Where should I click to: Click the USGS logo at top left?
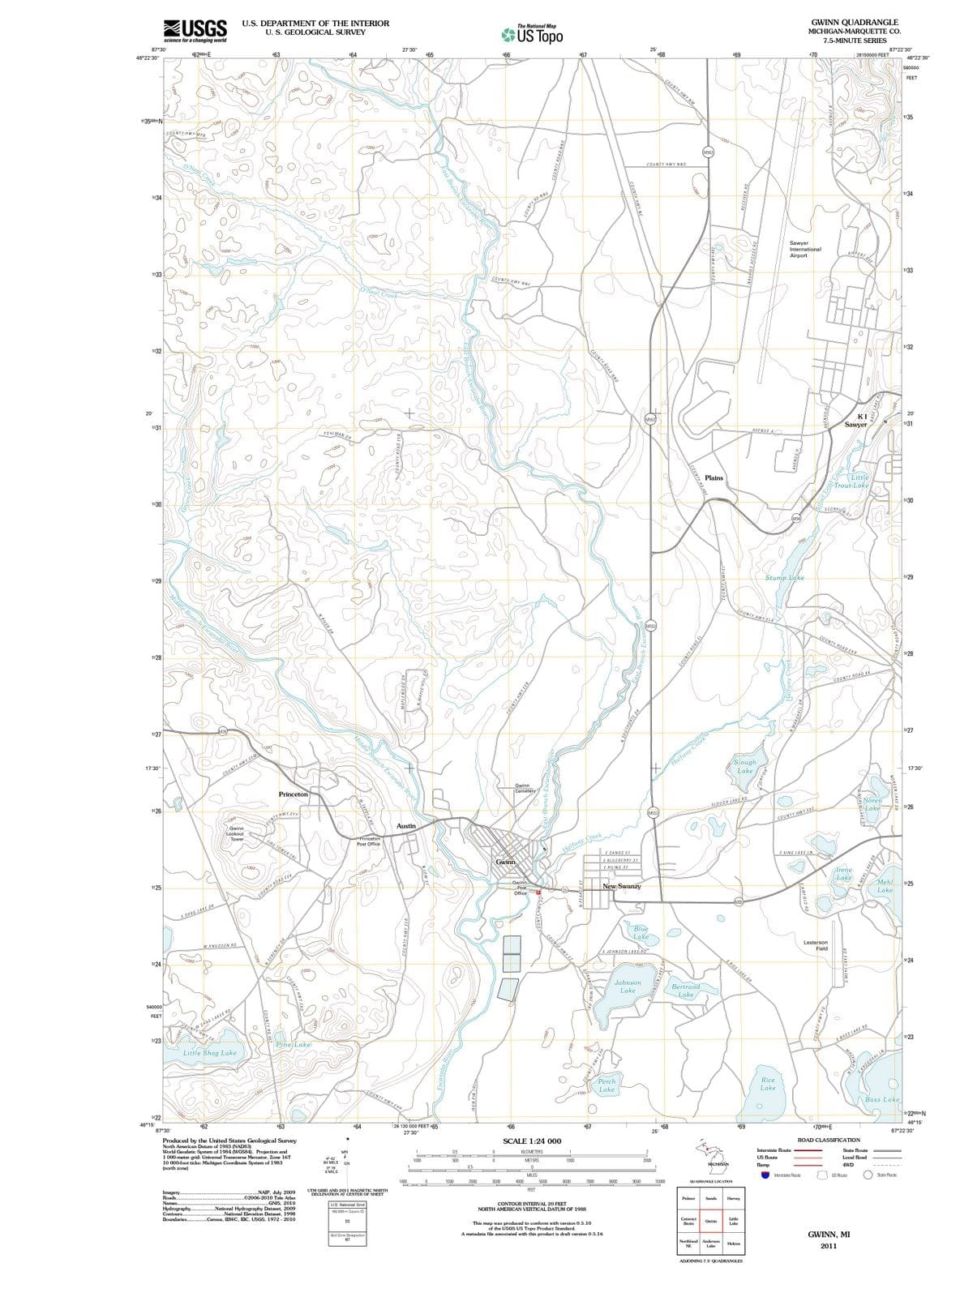point(195,31)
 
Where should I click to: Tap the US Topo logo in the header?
point(532,34)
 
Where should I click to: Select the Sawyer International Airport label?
point(804,249)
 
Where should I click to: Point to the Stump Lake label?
point(784,578)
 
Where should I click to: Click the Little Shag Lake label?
point(209,1052)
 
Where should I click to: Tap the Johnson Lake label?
point(628,987)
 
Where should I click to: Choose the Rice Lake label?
point(768,1084)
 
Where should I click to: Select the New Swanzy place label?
point(622,887)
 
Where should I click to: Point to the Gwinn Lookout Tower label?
point(236,833)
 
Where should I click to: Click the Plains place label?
point(714,478)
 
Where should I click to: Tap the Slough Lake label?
point(744,766)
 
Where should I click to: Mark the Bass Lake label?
point(881,1099)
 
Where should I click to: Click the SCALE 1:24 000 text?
point(532,1141)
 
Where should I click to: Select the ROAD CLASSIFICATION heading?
point(829,1140)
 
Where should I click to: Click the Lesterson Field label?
point(815,945)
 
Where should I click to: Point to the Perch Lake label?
point(606,1085)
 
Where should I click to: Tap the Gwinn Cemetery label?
point(523,788)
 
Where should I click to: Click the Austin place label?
point(406,826)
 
